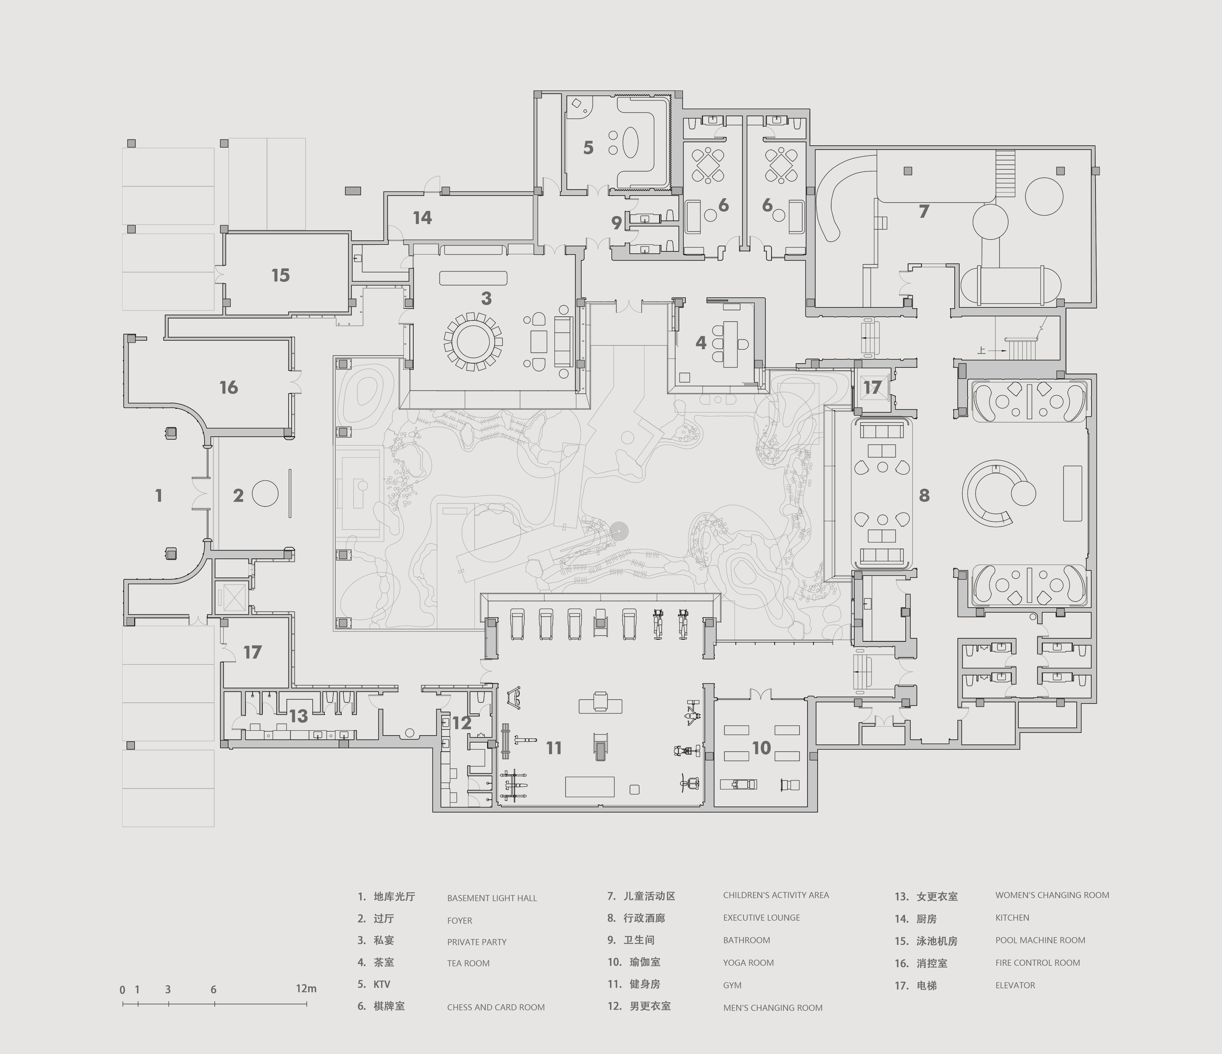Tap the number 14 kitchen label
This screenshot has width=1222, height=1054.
[422, 218]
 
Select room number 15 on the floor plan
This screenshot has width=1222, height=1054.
[281, 275]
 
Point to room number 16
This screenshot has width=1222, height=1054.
[229, 387]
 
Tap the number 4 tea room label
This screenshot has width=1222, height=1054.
[701, 343]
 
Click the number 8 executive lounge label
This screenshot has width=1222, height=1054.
[924, 496]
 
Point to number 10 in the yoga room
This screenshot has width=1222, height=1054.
[761, 748]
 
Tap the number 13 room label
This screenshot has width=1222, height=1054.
[299, 716]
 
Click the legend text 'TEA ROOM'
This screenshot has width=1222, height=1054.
[468, 963]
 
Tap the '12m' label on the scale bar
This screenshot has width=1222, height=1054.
[306, 989]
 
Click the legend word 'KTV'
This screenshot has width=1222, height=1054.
[382, 984]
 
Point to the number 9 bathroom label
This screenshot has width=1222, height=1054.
[616, 223]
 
